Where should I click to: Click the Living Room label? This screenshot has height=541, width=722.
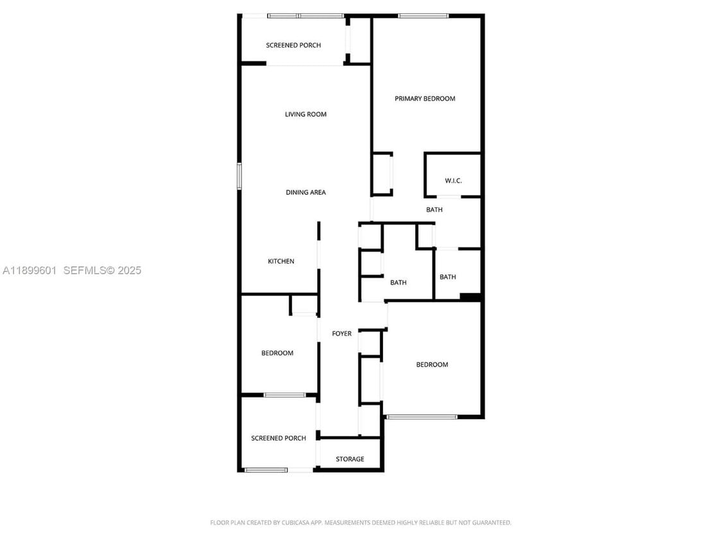coord(305,115)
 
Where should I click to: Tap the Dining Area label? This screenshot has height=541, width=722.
coord(305,192)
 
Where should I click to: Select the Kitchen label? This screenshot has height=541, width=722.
coord(281,262)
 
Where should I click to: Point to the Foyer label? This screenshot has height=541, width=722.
coord(341,334)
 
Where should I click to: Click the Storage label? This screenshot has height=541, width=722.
coord(350,459)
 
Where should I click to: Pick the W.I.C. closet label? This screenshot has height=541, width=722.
coord(453,181)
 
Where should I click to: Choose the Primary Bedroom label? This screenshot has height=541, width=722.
coord(425,99)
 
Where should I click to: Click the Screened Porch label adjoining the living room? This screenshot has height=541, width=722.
coord(293,46)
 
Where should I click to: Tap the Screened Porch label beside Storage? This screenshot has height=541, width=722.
coord(279,438)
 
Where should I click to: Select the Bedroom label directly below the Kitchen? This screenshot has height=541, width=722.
coord(277,353)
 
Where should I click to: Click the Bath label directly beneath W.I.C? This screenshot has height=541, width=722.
coord(434,210)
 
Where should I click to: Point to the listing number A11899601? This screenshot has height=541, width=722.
coord(30,270)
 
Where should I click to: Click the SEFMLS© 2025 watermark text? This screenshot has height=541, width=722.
coord(102,270)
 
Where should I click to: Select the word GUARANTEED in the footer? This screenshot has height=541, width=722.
coord(491,523)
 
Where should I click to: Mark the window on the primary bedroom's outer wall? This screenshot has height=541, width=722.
coord(423,15)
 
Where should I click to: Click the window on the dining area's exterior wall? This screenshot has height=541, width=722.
coord(239,176)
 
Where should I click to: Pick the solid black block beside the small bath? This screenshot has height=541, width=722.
coord(470,297)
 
